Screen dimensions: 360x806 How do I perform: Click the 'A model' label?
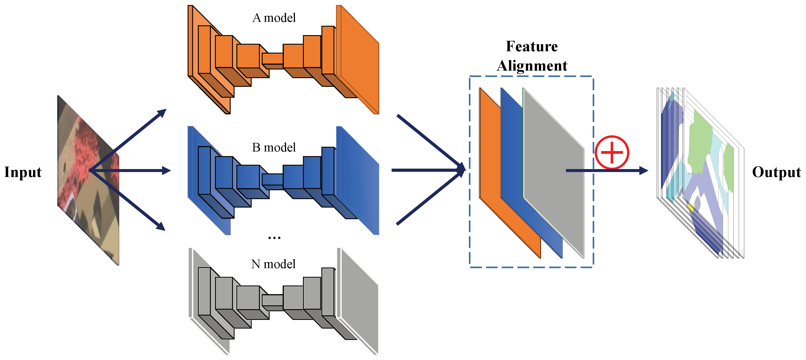(x=274, y=18)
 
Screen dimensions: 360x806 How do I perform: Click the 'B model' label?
(x=274, y=147)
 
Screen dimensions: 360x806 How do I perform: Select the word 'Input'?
(x=23, y=172)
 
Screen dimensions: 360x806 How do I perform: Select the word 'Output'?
(x=776, y=172)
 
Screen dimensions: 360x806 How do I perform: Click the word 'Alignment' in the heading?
(x=532, y=66)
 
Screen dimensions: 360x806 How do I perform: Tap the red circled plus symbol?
(x=612, y=152)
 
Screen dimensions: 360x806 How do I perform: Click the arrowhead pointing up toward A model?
(x=162, y=112)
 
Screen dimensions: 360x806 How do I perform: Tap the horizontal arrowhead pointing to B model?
(x=166, y=170)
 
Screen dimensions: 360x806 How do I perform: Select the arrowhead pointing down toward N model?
(x=161, y=226)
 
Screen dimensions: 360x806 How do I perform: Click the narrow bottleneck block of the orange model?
(x=272, y=59)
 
